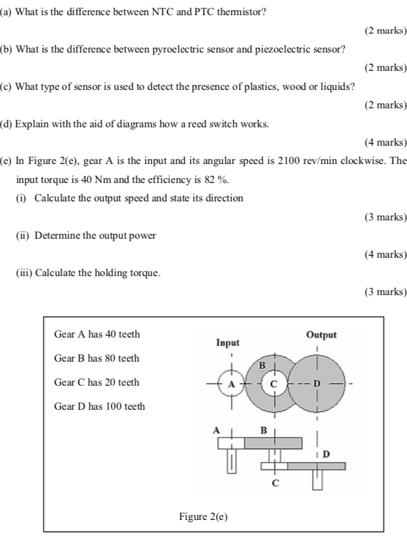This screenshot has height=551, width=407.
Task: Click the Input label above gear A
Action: point(228,343)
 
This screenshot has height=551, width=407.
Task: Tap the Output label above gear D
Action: point(321,335)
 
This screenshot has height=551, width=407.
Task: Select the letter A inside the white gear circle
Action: point(231,384)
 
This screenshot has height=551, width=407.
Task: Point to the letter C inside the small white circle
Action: point(275,384)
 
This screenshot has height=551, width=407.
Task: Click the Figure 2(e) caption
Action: point(203,517)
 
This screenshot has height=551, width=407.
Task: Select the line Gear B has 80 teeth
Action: point(97,358)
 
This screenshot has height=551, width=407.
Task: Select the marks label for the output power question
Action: point(385,254)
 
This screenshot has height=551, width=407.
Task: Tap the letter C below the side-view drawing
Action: point(275,483)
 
